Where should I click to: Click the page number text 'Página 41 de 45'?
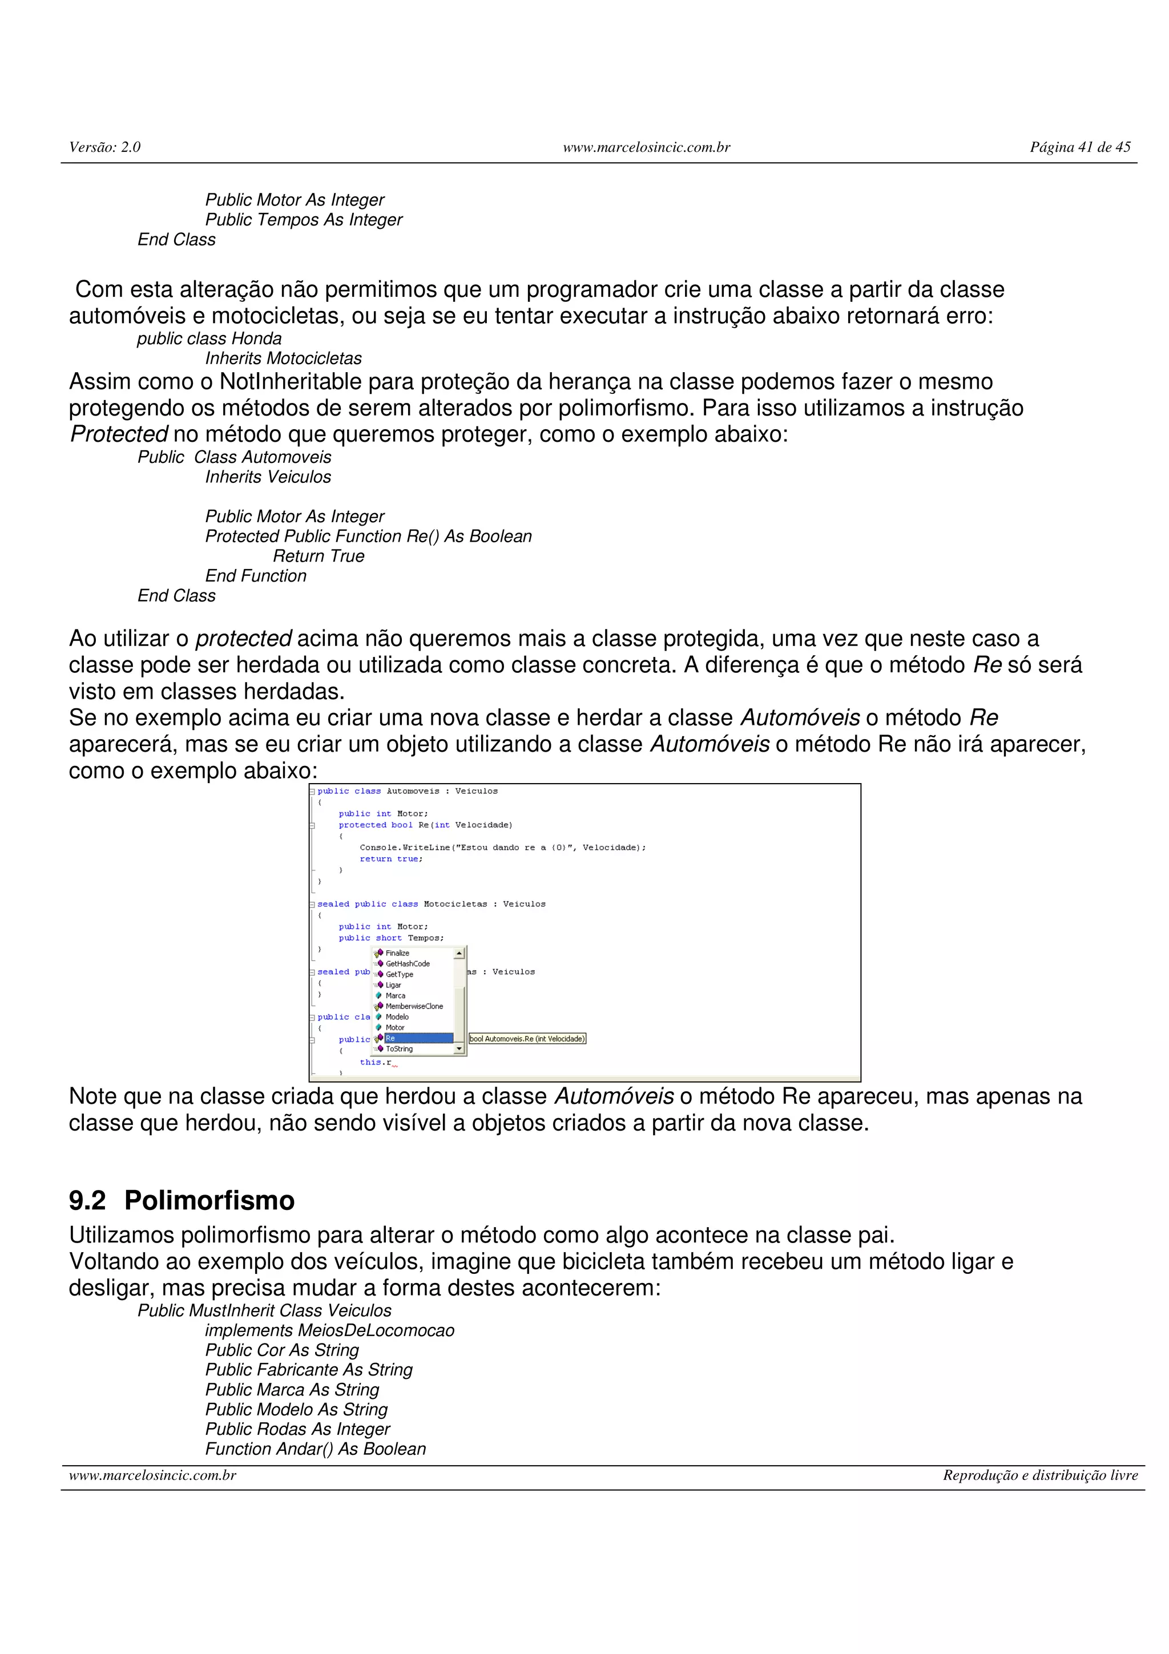[1080, 147]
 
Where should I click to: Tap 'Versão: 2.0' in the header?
[104, 147]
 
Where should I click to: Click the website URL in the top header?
[646, 147]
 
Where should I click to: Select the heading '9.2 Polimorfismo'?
[182, 1201]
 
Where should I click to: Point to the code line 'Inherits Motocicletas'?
[283, 358]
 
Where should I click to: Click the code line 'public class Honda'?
[209, 338]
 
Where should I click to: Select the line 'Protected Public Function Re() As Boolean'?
[368, 536]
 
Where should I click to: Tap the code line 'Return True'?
[319, 556]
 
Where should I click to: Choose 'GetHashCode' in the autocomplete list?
[407, 964]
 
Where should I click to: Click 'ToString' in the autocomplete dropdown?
[399, 1049]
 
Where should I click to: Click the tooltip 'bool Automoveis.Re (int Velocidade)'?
[527, 1039]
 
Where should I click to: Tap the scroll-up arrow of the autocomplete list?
[459, 954]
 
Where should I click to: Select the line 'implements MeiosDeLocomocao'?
[329, 1330]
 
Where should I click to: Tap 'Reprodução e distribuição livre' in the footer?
[1040, 1475]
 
